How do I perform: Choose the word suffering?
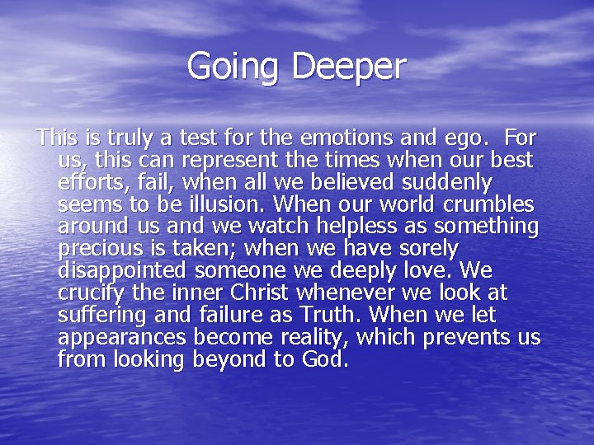(100, 314)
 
